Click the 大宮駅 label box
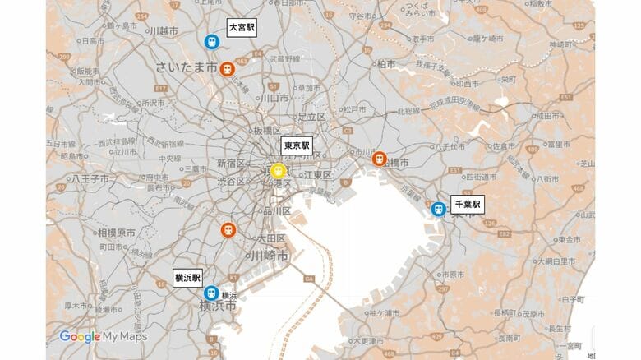coord(242,27)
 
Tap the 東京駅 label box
coord(297,145)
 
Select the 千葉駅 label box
coord(468,205)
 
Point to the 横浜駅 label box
coord(187,278)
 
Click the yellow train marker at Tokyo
coord(279,171)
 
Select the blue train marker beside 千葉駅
coord(439,210)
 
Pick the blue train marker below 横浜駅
coord(211,293)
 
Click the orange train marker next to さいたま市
coord(228,69)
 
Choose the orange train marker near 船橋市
coord(379,159)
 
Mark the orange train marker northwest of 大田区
coord(228,229)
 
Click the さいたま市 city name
coord(187,67)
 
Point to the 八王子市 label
coord(85,178)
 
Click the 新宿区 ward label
coord(230,164)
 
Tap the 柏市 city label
coord(385,63)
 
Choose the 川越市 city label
coord(164,31)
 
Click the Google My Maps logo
coord(103,336)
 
